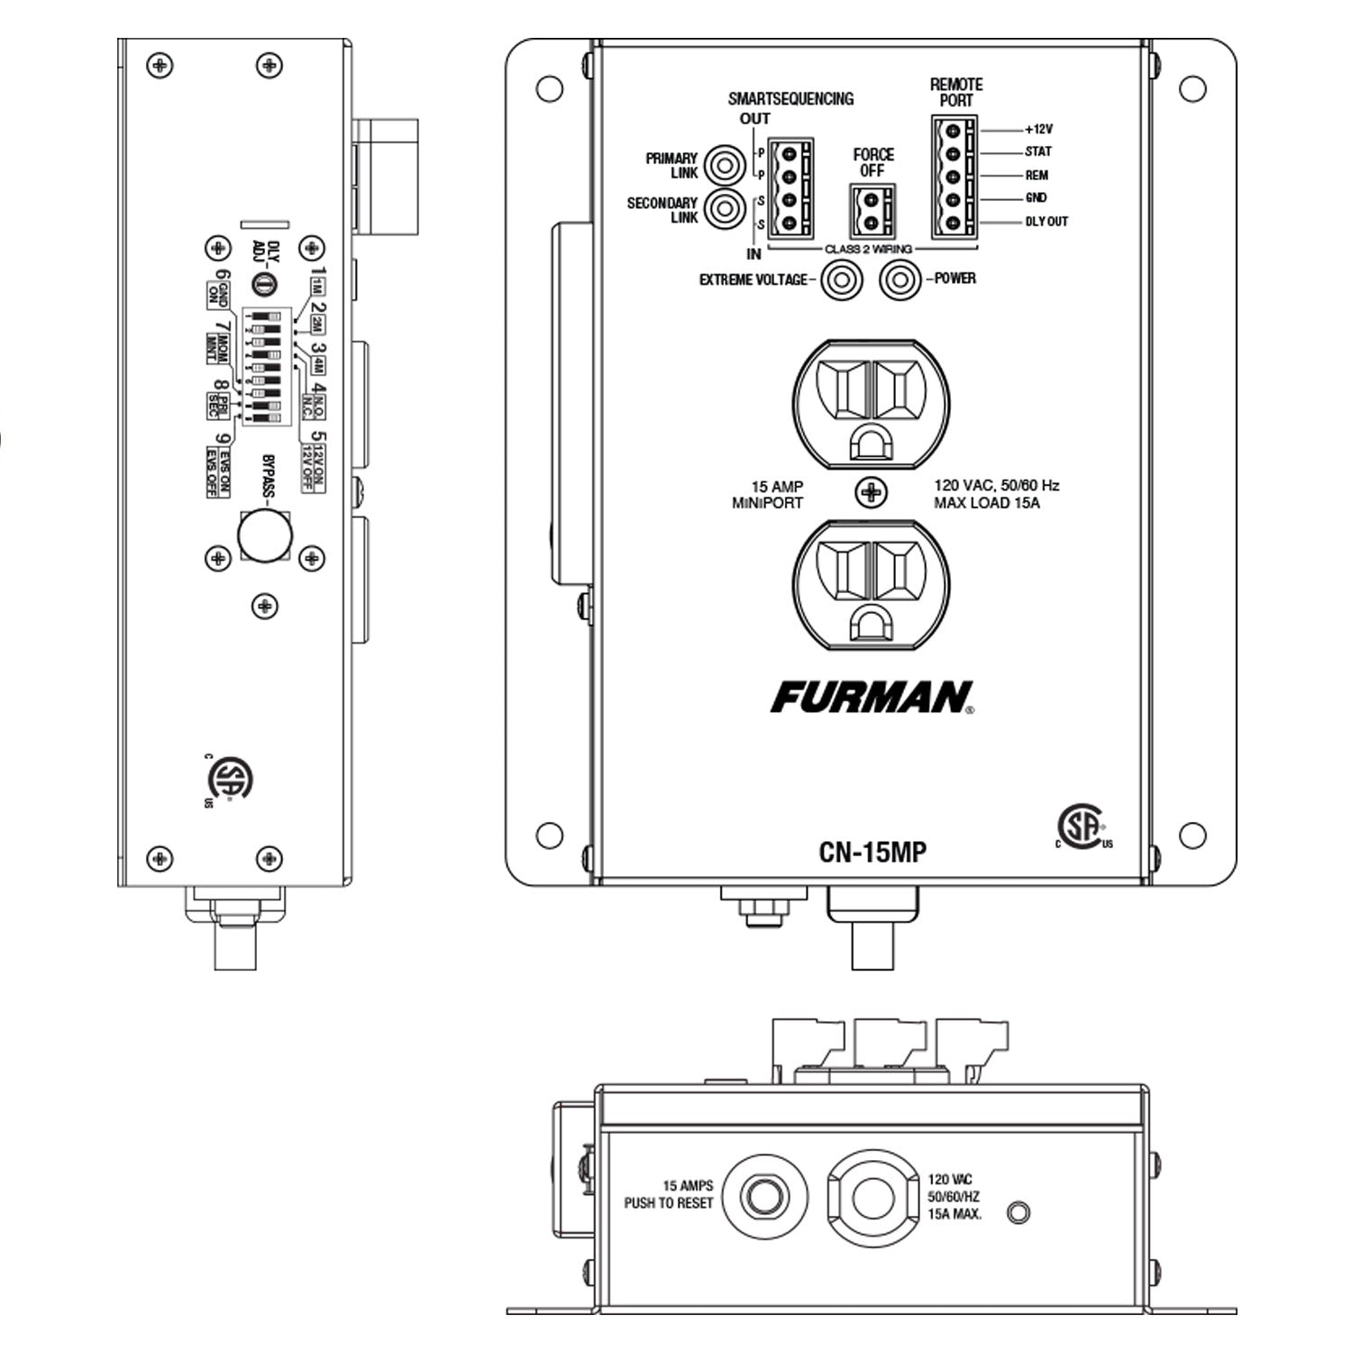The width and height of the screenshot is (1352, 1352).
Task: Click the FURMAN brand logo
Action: point(871,697)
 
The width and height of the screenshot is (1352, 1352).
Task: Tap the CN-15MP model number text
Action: point(872,852)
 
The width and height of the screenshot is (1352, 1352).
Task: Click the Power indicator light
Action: point(899,280)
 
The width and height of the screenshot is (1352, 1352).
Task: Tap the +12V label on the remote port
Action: point(1038,129)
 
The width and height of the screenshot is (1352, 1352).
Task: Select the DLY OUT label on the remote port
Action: point(1046,221)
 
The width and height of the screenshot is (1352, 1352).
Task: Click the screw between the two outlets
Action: point(871,492)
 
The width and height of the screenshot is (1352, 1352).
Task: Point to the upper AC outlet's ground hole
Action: point(870,442)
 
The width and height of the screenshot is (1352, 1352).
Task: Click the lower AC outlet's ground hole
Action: point(870,622)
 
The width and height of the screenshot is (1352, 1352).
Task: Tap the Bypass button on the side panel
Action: point(265,535)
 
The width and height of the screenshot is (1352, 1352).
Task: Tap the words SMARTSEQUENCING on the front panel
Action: point(790,99)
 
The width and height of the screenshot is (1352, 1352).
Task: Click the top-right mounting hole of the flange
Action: point(1192,88)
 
